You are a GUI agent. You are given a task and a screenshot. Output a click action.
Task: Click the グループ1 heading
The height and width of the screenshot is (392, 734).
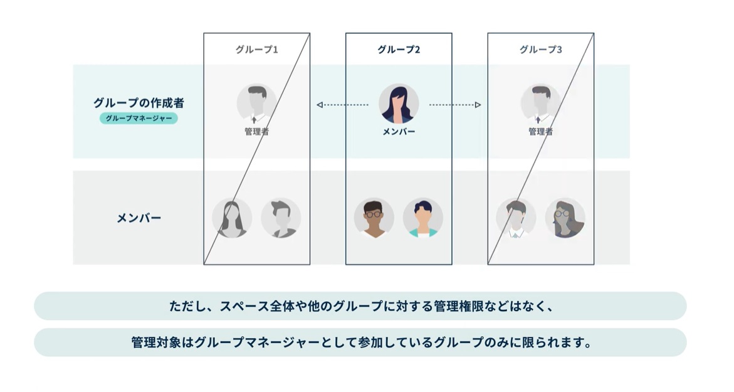[x=256, y=50]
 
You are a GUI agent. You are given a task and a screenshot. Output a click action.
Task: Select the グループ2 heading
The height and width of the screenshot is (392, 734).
[x=399, y=50]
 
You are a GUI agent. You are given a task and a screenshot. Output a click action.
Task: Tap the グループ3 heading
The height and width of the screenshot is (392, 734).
[x=540, y=50]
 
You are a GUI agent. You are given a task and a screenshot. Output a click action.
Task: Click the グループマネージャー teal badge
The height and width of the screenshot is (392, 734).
[x=139, y=118]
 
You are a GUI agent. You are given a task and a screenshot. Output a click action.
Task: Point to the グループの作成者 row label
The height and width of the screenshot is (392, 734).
[x=139, y=103]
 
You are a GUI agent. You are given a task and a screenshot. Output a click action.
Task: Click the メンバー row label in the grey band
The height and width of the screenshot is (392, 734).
[x=139, y=218]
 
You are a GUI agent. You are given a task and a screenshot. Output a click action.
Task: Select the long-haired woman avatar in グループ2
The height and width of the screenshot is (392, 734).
[x=399, y=103]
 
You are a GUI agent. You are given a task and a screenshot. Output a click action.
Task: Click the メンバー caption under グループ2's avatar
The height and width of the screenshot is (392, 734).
[x=399, y=132]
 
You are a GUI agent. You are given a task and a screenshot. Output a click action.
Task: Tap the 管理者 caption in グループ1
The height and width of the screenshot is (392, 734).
[x=256, y=132]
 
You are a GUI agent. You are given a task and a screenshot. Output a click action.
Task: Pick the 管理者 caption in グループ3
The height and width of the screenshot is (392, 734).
[x=540, y=132]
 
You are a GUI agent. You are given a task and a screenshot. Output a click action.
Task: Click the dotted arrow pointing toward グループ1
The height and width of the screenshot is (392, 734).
[x=342, y=105]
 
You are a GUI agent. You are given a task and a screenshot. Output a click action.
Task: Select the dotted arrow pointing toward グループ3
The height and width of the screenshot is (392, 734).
[x=455, y=105]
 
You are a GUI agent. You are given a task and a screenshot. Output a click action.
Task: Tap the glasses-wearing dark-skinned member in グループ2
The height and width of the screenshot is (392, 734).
[x=374, y=218]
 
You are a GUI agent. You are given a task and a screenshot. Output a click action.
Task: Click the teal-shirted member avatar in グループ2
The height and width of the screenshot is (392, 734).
[x=423, y=218]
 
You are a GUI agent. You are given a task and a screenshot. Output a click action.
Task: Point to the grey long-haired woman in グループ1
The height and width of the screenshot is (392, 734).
[x=232, y=218]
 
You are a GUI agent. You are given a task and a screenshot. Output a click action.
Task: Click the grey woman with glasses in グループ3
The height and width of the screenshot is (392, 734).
[x=565, y=218]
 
